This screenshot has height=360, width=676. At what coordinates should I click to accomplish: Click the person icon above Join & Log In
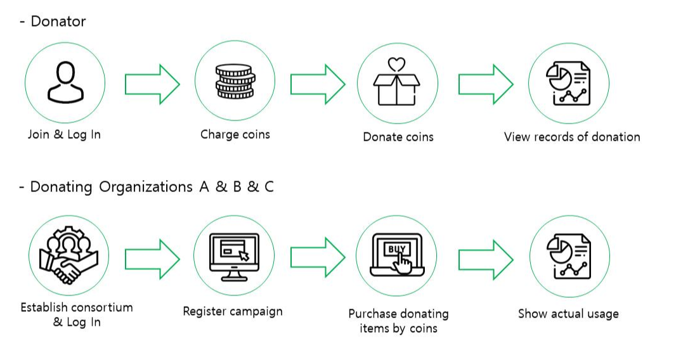coord(65,83)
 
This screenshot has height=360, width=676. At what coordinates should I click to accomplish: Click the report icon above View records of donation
coord(568,83)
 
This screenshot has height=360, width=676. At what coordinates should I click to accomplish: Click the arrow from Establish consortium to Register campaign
coord(152,259)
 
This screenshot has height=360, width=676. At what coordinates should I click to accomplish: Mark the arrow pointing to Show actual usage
coord(486,259)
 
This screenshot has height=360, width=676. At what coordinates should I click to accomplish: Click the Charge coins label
coord(235,134)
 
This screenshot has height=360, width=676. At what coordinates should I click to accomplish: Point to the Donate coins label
coord(398,137)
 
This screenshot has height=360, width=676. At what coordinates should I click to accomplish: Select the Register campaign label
coord(233,312)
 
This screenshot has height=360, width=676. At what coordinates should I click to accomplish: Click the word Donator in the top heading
coord(58,21)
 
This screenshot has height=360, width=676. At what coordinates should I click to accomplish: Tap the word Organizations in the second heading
coord(143,187)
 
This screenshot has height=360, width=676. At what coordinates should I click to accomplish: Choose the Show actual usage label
coord(568,314)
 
